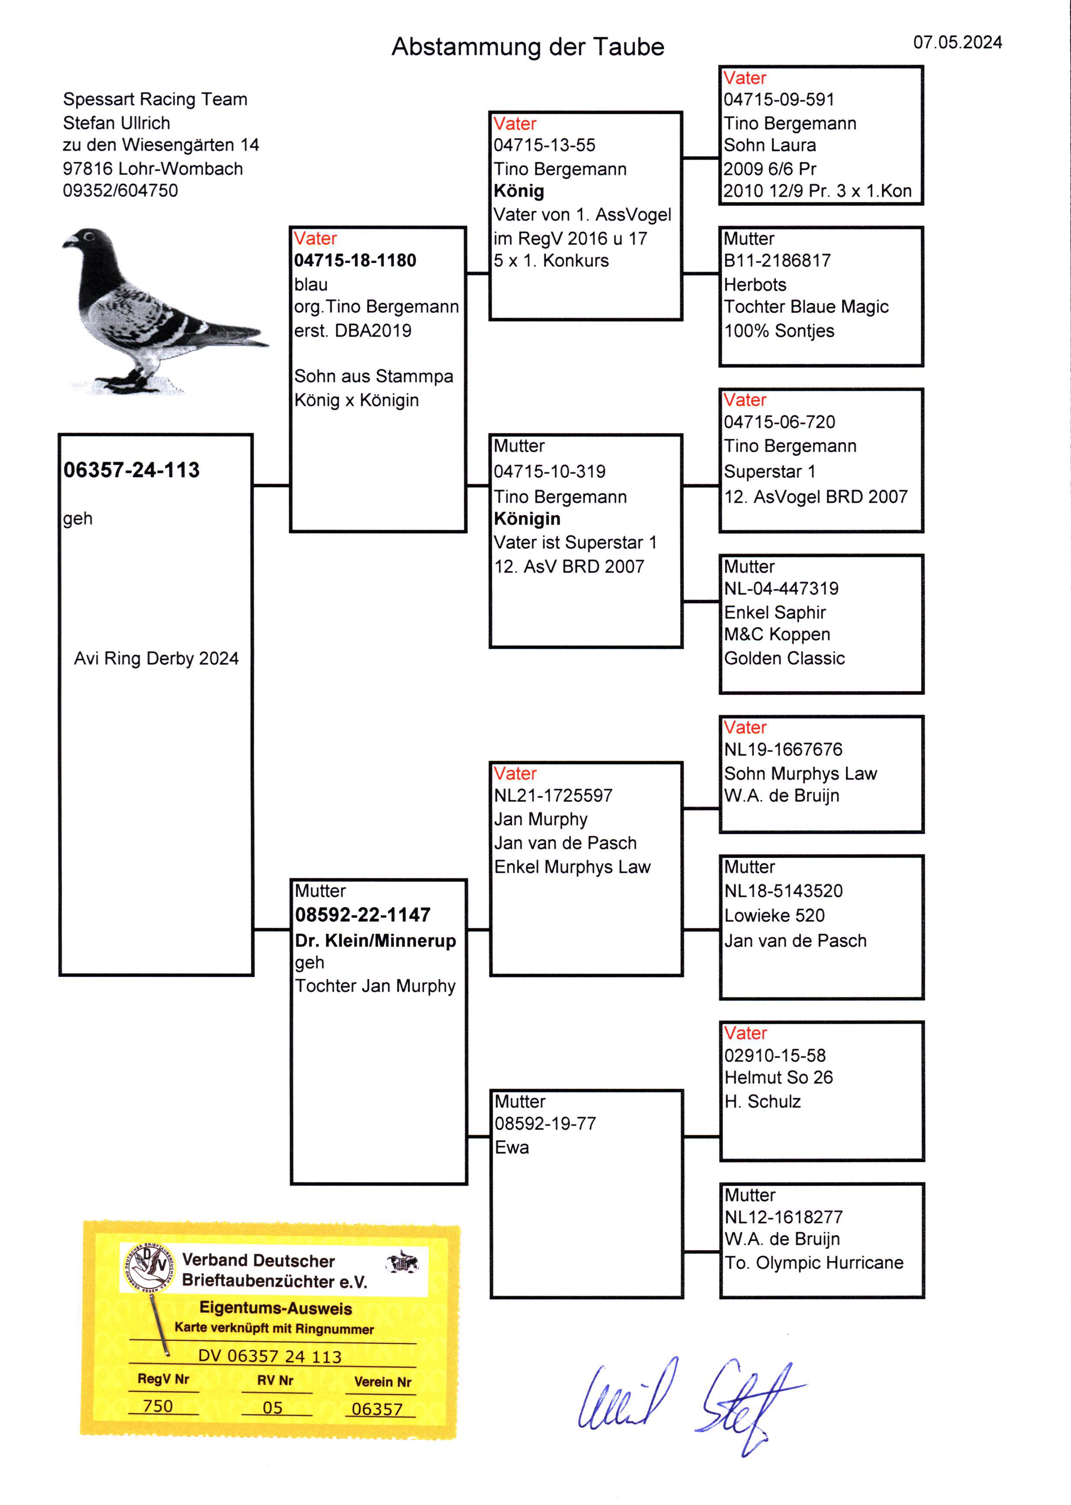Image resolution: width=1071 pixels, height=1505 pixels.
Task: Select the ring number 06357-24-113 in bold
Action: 131,470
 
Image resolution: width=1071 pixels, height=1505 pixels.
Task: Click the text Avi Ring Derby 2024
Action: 156,659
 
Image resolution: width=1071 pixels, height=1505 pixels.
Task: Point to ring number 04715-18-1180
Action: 355,260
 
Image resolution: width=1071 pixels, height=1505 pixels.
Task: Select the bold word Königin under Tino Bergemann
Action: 527,519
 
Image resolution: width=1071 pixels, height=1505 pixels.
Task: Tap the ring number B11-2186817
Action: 777,260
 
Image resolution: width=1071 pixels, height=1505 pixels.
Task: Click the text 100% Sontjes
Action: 779,331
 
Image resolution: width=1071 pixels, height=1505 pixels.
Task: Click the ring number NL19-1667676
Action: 783,749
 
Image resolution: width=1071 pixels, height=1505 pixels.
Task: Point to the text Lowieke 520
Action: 774,916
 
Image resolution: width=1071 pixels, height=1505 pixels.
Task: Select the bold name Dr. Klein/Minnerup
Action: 375,941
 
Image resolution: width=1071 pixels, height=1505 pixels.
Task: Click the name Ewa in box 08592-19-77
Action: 512,1148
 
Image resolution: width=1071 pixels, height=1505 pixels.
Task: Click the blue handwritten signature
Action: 686,1401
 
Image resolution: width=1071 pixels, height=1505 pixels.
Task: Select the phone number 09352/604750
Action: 120,190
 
